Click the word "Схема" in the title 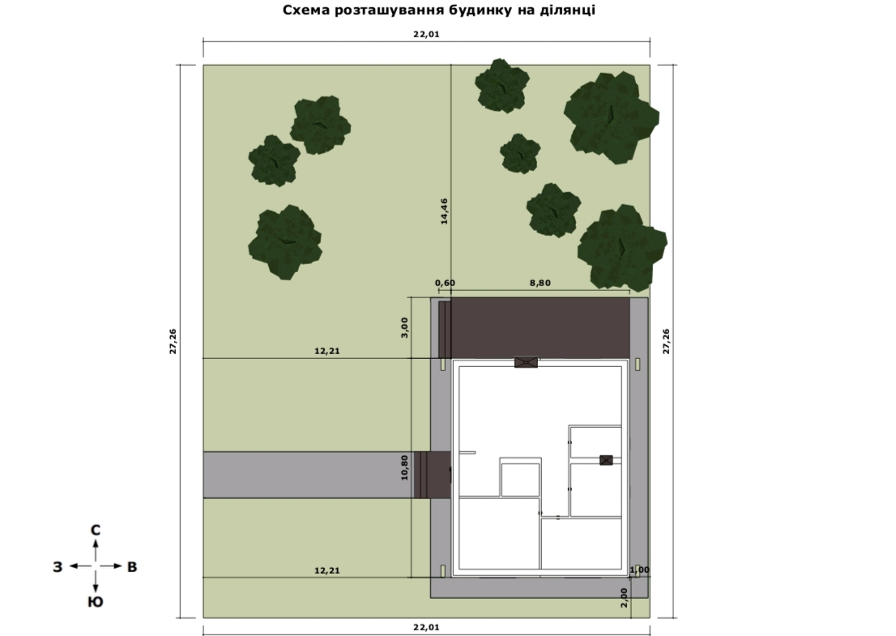click(x=302, y=10)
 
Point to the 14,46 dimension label click(x=444, y=211)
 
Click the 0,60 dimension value click(x=445, y=283)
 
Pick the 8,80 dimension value click(x=540, y=283)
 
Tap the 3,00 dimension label click(x=404, y=327)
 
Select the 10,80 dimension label click(x=404, y=467)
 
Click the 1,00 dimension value click(x=639, y=570)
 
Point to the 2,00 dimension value click(x=624, y=598)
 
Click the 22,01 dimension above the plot click(x=426, y=34)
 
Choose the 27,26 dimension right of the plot click(x=666, y=341)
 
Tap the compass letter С click(x=96, y=531)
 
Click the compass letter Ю click(x=96, y=602)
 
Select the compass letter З click(x=58, y=567)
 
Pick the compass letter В click(x=132, y=567)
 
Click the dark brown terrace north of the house click(x=540, y=328)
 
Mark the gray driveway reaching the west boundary click(x=309, y=475)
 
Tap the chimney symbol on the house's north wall click(x=526, y=362)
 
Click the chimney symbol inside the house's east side click(x=606, y=460)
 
